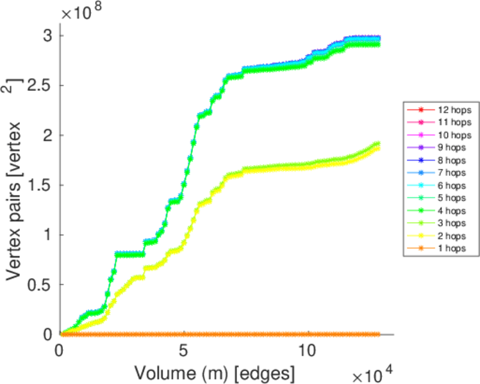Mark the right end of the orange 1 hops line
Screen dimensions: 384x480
[378, 334]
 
